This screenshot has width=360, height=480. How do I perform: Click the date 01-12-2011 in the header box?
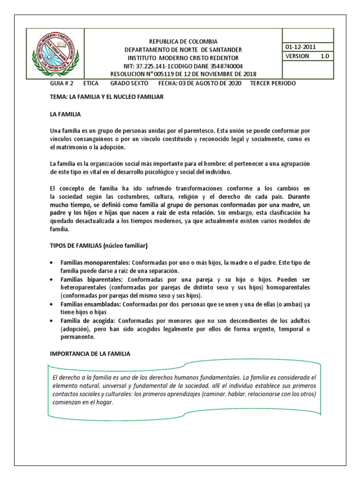[300, 47]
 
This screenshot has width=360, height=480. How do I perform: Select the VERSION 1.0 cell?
[307, 56]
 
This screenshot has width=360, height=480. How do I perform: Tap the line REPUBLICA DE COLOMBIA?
[183, 41]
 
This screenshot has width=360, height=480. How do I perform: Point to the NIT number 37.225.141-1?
[158, 66]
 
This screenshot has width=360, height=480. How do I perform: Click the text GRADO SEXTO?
[129, 83]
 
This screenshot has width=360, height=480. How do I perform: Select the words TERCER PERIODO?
[273, 83]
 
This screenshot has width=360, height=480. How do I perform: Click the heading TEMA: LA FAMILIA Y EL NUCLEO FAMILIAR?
[107, 97]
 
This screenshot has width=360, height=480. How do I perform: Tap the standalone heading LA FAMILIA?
[66, 114]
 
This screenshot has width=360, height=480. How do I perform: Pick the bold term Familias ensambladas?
[88, 304]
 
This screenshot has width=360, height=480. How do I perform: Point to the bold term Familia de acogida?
[87, 321]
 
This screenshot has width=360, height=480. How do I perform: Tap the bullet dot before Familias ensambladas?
[52, 305]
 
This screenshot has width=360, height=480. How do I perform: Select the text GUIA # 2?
[62, 83]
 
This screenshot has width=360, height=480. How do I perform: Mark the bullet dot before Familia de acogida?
[52, 321]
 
